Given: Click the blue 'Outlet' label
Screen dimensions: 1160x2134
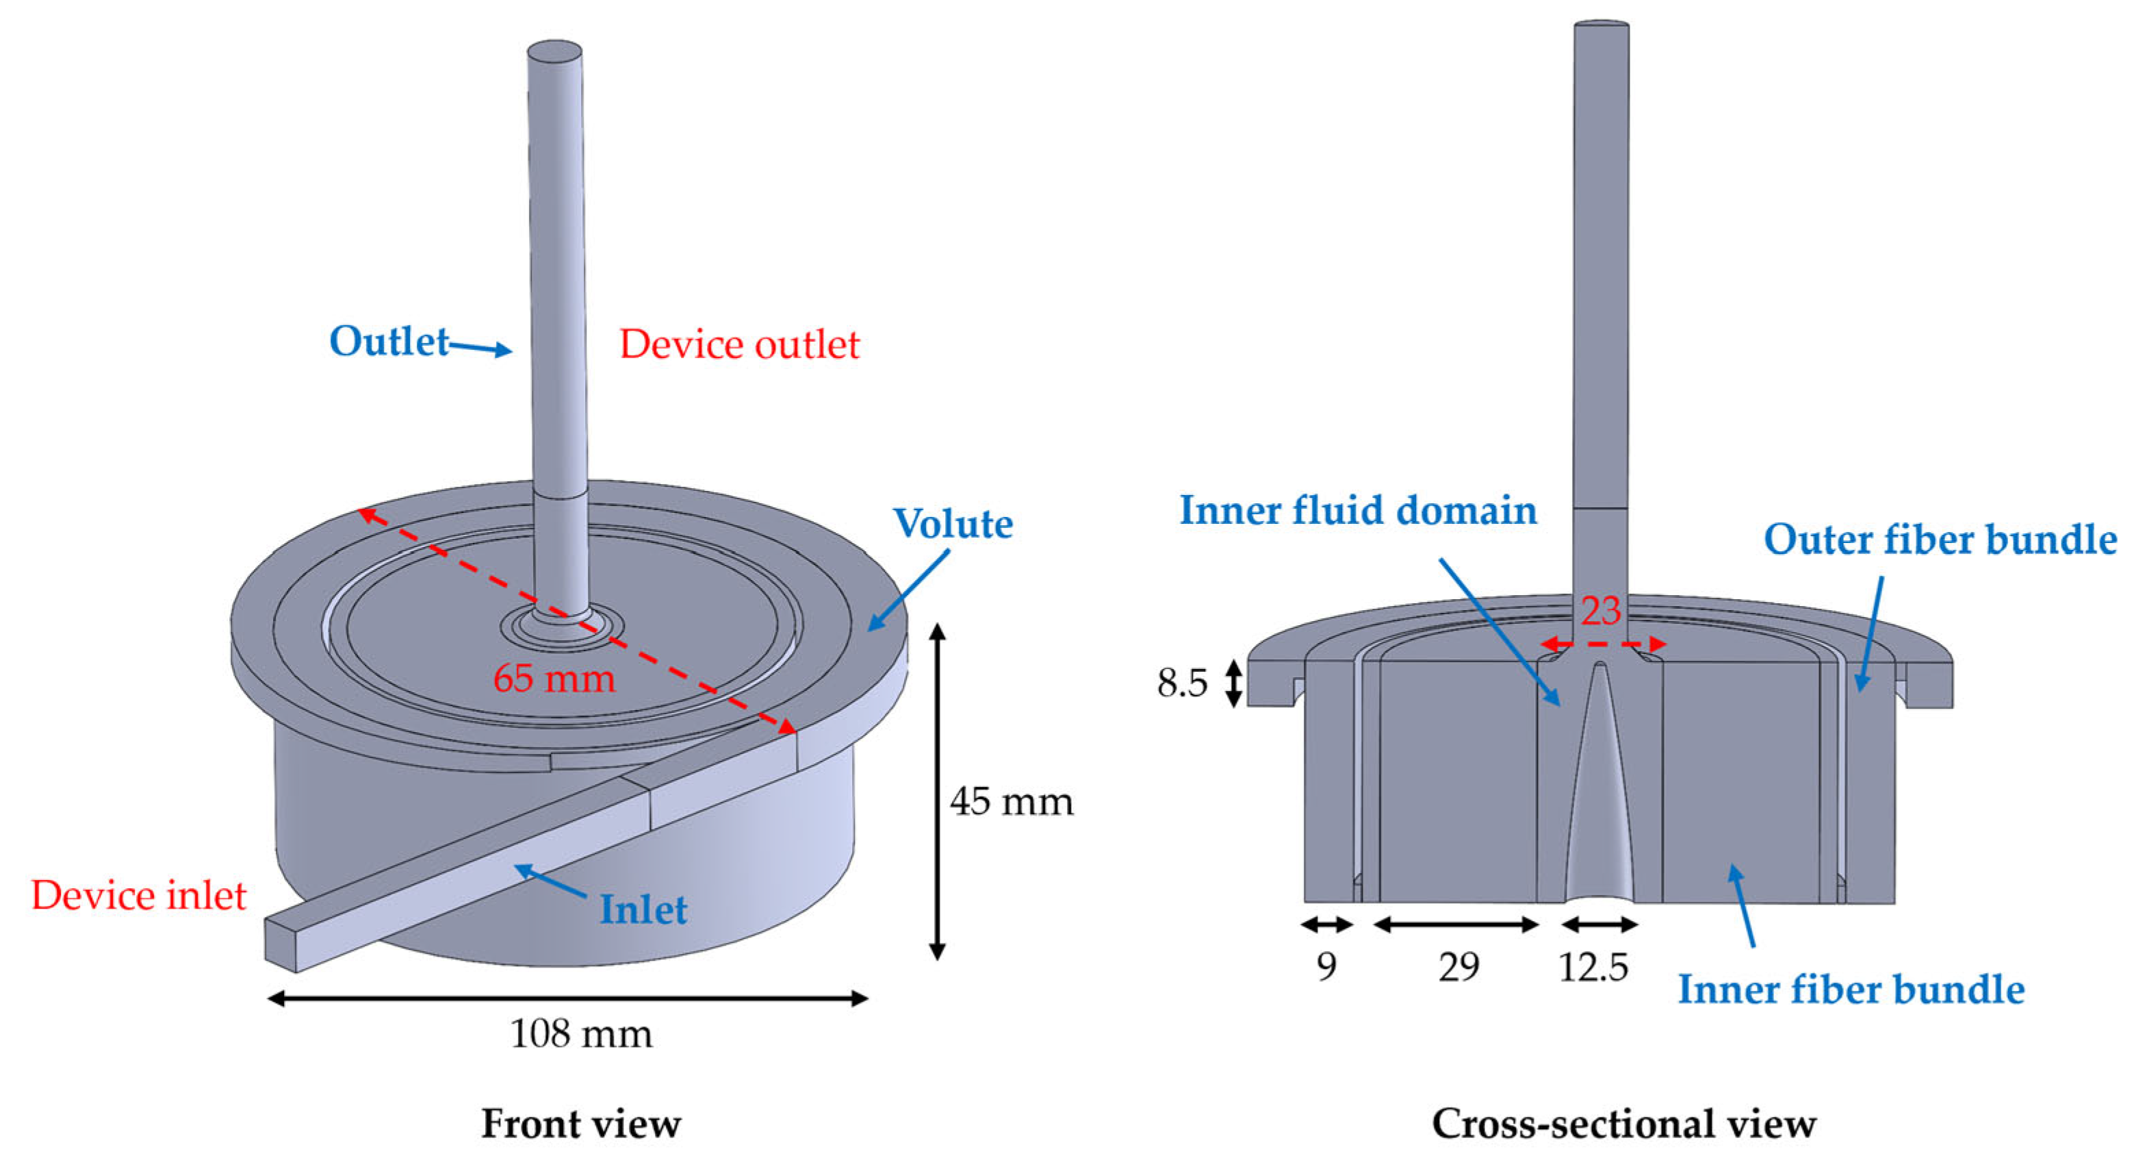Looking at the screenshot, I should pyautogui.click(x=389, y=342).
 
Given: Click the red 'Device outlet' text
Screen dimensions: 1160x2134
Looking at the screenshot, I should pyautogui.click(x=739, y=344).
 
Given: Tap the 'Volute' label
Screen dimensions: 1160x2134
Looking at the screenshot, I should pyautogui.click(x=953, y=524).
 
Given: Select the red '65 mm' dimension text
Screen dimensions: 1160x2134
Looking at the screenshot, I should pyautogui.click(x=554, y=679).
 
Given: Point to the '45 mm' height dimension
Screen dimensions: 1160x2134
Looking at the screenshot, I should pyautogui.click(x=1011, y=801).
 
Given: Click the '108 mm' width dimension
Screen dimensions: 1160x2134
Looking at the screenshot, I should pyautogui.click(x=580, y=1034).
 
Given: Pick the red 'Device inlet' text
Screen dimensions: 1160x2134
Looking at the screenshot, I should pyautogui.click(x=138, y=896).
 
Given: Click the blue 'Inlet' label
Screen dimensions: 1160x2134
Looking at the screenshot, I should pyautogui.click(x=643, y=910).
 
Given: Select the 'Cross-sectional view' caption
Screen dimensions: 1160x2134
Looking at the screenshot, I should pyautogui.click(x=1623, y=1124).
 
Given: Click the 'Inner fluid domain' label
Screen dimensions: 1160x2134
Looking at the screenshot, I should pyautogui.click(x=1358, y=509).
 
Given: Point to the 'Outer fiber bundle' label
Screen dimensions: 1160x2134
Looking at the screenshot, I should pyautogui.click(x=1940, y=540).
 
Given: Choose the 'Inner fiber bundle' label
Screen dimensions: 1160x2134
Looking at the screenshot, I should pyautogui.click(x=1851, y=989).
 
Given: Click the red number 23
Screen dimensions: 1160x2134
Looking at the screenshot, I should pyautogui.click(x=1599, y=611).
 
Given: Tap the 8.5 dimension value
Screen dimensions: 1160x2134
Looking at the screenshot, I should pyautogui.click(x=1182, y=683).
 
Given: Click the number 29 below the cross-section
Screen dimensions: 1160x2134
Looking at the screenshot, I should pyautogui.click(x=1458, y=967).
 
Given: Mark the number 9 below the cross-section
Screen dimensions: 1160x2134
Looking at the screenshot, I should pyautogui.click(x=1326, y=967).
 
